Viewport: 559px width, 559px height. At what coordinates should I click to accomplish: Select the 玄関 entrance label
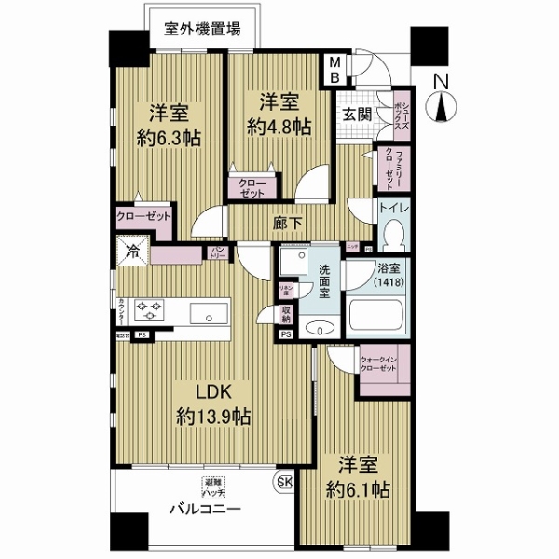[x=353, y=115]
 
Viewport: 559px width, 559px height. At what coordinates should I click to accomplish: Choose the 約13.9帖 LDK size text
[x=212, y=416]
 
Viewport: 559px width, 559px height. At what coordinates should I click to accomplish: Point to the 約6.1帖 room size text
[x=358, y=490]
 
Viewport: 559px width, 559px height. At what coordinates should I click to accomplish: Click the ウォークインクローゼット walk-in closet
[x=378, y=366]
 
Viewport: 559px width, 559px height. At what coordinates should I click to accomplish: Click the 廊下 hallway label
[x=285, y=224]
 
